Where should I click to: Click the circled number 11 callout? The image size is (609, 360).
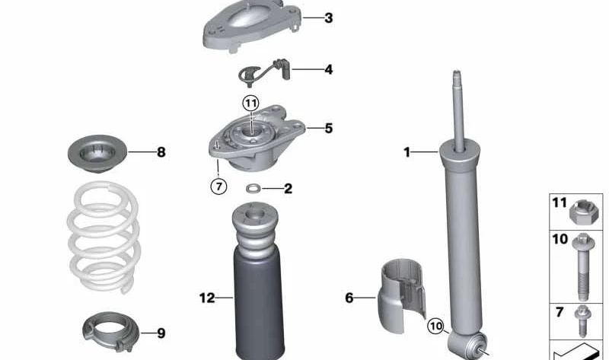click(250, 104)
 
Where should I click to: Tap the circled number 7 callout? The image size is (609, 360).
click(218, 186)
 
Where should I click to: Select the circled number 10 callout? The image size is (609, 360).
click(435, 326)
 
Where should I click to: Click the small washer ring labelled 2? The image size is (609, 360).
click(253, 189)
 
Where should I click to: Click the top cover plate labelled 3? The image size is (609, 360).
click(252, 25)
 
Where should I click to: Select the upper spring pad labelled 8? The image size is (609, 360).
click(97, 154)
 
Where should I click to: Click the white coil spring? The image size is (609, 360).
click(104, 237)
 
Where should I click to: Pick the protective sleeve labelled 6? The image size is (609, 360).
click(402, 295)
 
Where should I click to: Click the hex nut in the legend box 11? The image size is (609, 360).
click(584, 212)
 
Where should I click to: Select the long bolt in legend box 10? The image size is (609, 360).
click(583, 266)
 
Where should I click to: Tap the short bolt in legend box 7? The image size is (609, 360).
click(582, 320)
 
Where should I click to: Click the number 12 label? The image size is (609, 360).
click(207, 298)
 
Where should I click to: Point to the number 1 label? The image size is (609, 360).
click(407, 152)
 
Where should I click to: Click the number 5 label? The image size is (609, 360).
click(329, 128)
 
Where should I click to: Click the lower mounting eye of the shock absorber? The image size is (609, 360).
click(468, 344)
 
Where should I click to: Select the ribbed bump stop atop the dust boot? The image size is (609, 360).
click(255, 228)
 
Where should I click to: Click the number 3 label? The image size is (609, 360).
click(329, 18)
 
